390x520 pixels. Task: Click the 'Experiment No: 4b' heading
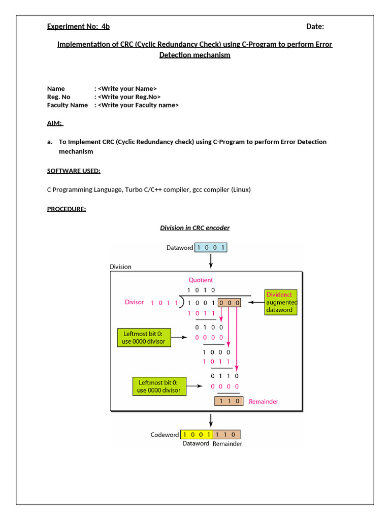tap(78, 26)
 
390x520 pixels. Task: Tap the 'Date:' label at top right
tap(315, 26)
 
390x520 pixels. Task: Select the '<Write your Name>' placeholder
tap(127, 88)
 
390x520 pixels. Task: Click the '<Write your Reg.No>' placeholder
tap(129, 96)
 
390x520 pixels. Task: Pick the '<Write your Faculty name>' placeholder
tap(138, 105)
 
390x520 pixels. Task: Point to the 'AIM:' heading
tap(55, 123)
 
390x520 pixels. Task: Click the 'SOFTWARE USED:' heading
tap(74, 171)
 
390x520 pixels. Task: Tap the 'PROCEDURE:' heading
tap(67, 209)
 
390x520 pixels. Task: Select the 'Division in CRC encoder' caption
tap(195, 228)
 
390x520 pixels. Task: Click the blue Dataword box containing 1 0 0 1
tap(211, 248)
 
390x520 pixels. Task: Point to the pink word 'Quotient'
tap(201, 280)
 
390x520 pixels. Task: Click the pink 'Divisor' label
tap(135, 302)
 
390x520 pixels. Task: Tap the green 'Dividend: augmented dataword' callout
tap(281, 302)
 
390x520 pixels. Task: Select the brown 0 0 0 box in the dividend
tap(229, 303)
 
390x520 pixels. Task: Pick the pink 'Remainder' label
tap(264, 401)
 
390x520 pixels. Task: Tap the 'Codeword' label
tap(165, 435)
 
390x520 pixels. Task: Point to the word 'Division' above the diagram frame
tap(120, 267)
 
